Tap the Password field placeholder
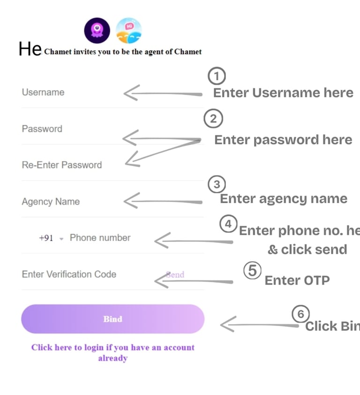42,129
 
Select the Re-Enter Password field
61,165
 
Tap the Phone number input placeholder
100,237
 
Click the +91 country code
46,238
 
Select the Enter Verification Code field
69,274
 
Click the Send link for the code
175,274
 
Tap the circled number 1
216,76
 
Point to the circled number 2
213,119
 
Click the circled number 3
217,184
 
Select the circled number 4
228,224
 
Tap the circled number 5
252,271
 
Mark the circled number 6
300,314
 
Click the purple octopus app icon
97,30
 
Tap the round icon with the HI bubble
128,30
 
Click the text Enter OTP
297,280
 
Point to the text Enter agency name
284,198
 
